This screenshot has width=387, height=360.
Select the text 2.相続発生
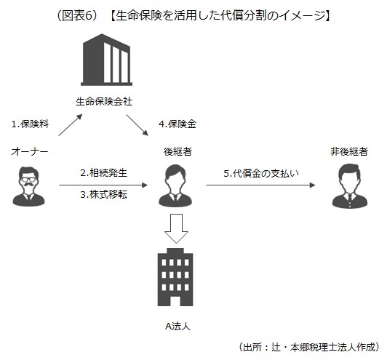click(x=104, y=173)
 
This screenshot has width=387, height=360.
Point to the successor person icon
click(x=177, y=185)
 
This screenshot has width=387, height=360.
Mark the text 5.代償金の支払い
click(x=261, y=173)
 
